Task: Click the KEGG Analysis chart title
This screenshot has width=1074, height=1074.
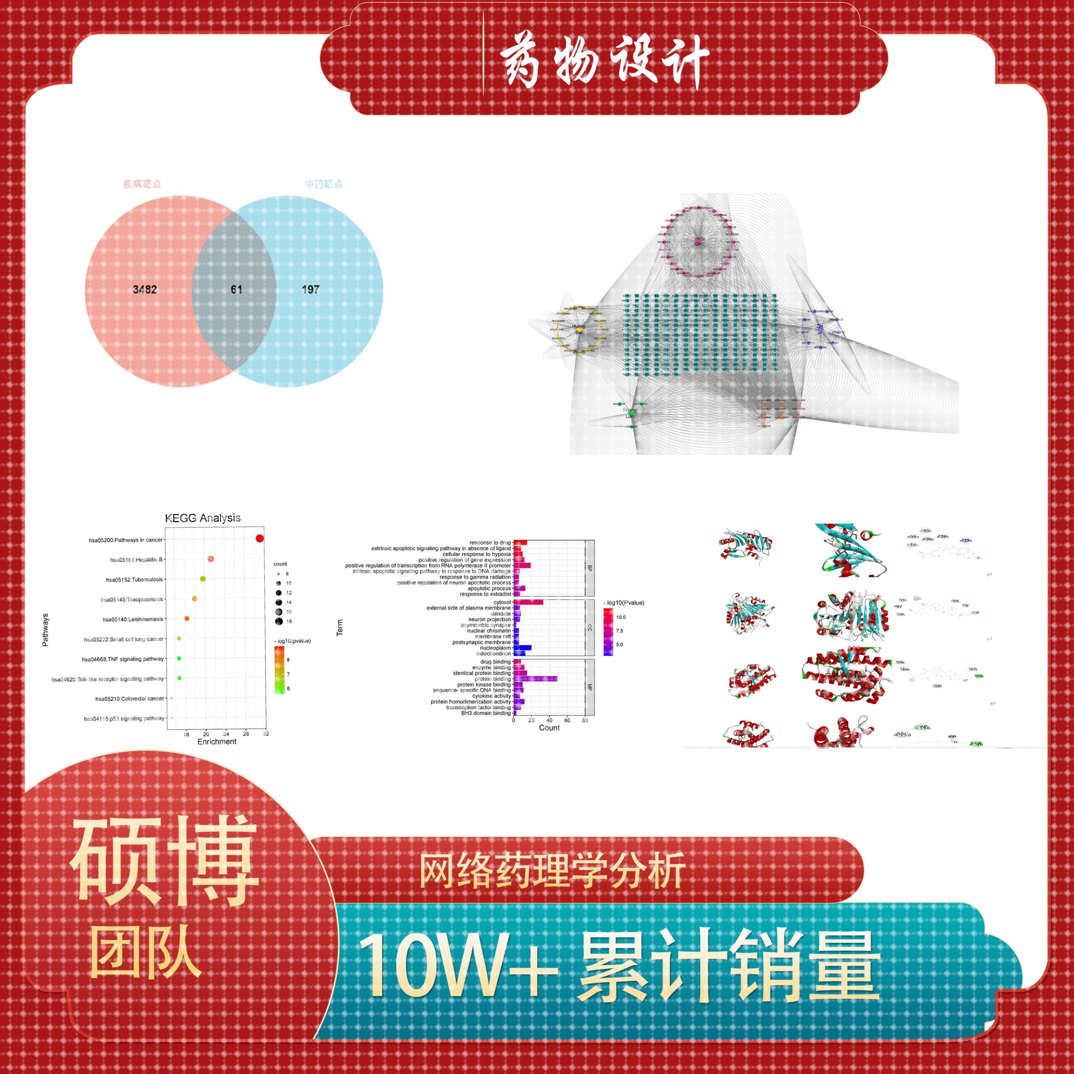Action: (x=203, y=518)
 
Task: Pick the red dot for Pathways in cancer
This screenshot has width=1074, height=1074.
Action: (x=259, y=538)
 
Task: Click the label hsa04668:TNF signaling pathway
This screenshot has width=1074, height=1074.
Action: (x=123, y=659)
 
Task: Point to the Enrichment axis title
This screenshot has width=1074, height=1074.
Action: (x=217, y=742)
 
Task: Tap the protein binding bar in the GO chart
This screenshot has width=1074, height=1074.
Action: (x=535, y=679)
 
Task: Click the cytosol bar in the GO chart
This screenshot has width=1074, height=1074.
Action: (x=528, y=602)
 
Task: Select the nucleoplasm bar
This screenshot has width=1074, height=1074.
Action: (x=523, y=648)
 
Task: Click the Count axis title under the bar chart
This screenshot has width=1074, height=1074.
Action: (x=549, y=728)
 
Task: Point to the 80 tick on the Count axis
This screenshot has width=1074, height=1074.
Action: (x=585, y=720)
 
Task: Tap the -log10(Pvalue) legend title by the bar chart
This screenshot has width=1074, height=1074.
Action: (x=624, y=603)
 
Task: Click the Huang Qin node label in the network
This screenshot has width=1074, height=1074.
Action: (x=698, y=241)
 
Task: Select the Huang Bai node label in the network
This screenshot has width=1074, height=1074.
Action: (x=579, y=329)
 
